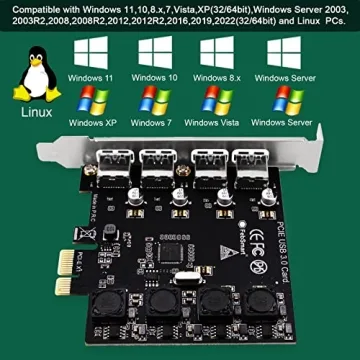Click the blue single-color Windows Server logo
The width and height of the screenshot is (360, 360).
(x=290, y=56)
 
